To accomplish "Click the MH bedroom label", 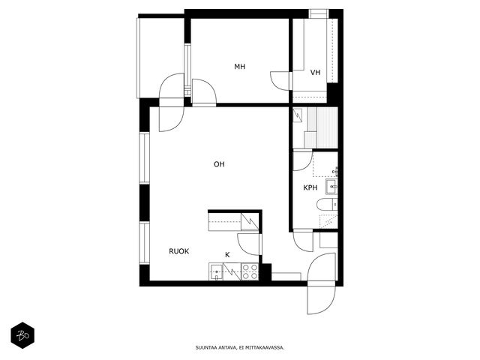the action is (240, 67).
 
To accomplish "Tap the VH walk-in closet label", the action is (315, 72).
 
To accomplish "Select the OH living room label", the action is (219, 164).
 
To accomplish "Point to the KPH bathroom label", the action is (310, 187).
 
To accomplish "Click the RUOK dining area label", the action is (179, 251).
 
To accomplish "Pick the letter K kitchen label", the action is (227, 255).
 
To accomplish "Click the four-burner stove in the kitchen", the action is (250, 271).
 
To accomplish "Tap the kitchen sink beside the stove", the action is (217, 271).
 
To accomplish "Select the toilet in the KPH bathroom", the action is (327, 205).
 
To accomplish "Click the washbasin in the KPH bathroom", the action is (331, 187).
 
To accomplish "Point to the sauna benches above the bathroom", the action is (321, 127).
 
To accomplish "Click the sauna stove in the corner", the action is (298, 115).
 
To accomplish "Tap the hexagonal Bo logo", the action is (22, 335).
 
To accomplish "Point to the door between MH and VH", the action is (280, 80).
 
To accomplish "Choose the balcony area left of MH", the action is (160, 58).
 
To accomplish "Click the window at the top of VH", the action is (318, 13).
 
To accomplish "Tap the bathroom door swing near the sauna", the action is (303, 161).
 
